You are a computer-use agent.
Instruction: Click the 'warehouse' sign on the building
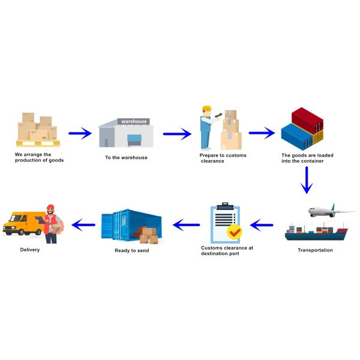(x=134, y=122)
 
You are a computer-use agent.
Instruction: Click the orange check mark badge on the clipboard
(x=234, y=231)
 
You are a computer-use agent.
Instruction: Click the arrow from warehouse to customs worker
(x=176, y=133)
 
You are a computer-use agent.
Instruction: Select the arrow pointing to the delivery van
(x=83, y=224)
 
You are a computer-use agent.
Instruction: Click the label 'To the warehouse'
(x=126, y=158)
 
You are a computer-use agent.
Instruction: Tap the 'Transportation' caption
(x=315, y=250)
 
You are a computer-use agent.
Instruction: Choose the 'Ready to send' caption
(x=131, y=250)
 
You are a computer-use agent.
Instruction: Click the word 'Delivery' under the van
(x=30, y=250)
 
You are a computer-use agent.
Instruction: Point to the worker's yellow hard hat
(x=207, y=109)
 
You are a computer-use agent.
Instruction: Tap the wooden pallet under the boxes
(x=37, y=143)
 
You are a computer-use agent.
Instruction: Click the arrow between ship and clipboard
(x=262, y=226)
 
